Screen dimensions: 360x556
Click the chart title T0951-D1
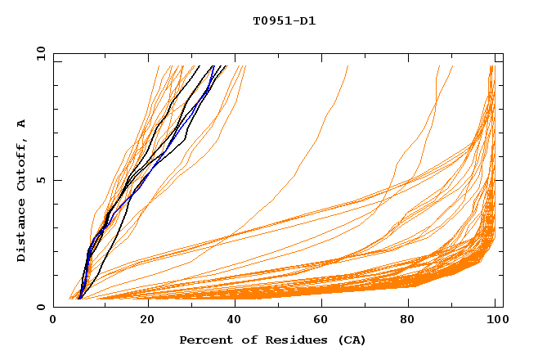tap(285, 21)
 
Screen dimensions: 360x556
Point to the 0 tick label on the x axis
tap(53, 320)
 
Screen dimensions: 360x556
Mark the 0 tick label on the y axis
tap(41, 307)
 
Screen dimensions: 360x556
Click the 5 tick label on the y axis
tap(41, 180)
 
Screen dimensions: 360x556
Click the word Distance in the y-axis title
tap(22, 232)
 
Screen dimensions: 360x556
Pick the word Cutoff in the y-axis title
tap(22, 167)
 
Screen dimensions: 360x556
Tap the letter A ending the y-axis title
tap(22, 124)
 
